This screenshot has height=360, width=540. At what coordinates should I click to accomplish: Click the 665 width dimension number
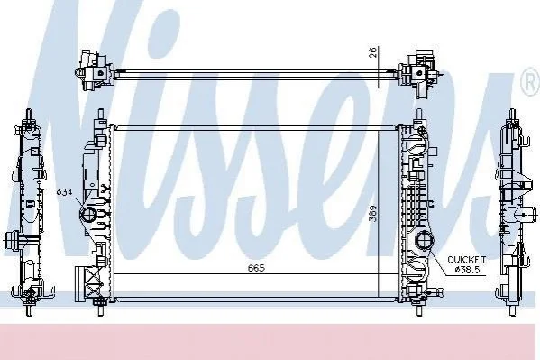click(x=257, y=268)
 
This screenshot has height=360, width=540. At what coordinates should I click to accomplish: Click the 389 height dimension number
click(x=373, y=214)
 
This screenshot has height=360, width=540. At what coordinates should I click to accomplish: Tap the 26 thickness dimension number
click(x=373, y=51)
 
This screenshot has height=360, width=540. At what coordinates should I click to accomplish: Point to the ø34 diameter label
click(x=64, y=192)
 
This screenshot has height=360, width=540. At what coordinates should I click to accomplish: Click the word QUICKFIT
click(x=466, y=260)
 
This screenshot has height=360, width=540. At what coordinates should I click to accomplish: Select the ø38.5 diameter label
click(x=467, y=271)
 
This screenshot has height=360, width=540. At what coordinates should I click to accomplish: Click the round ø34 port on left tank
click(x=87, y=215)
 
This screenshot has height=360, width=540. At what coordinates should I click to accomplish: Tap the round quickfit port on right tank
click(x=425, y=241)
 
